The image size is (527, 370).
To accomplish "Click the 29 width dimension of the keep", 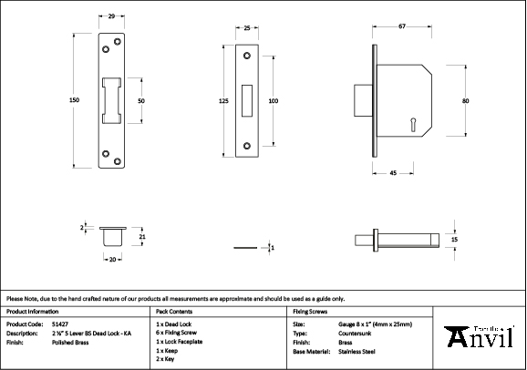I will pyautogui.click(x=111, y=16).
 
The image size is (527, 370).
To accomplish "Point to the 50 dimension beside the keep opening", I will pyautogui.click(x=141, y=100).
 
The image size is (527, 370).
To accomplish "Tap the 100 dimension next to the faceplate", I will pyautogui.click(x=273, y=100).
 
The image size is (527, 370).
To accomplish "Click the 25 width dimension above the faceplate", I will pyautogui.click(x=248, y=29).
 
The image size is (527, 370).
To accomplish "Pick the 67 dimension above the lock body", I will pyautogui.click(x=401, y=29).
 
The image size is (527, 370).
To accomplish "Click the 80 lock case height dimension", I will pyautogui.click(x=465, y=100).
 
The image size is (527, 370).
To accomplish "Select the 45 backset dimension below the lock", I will pyautogui.click(x=392, y=172).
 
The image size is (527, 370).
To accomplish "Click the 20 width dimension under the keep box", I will pyautogui.click(x=112, y=260).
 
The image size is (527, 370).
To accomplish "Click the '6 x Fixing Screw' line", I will pyautogui.click(x=178, y=333).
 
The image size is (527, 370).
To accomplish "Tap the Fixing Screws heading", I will pyautogui.click(x=311, y=311).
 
